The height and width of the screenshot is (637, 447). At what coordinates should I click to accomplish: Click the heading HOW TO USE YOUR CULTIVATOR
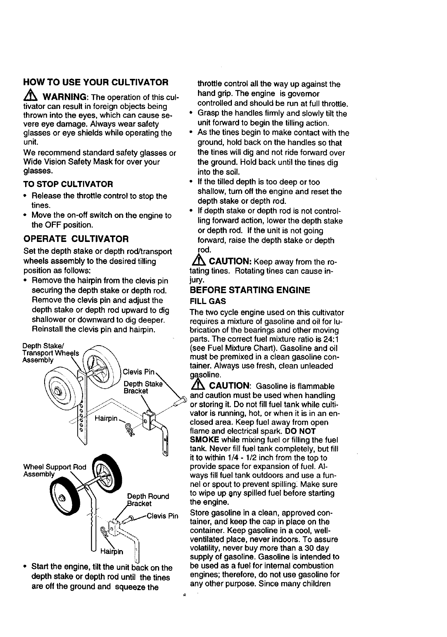click(96, 82)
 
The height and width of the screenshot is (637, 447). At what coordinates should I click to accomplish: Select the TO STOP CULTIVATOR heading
click(68, 184)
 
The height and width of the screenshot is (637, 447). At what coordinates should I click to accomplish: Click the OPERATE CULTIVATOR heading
click(76, 239)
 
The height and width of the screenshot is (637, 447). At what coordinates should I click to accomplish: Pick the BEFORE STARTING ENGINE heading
click(250, 290)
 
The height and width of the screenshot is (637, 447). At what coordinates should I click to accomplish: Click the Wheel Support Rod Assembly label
click(55, 471)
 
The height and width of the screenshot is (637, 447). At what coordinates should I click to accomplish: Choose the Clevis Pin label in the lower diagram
click(163, 517)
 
